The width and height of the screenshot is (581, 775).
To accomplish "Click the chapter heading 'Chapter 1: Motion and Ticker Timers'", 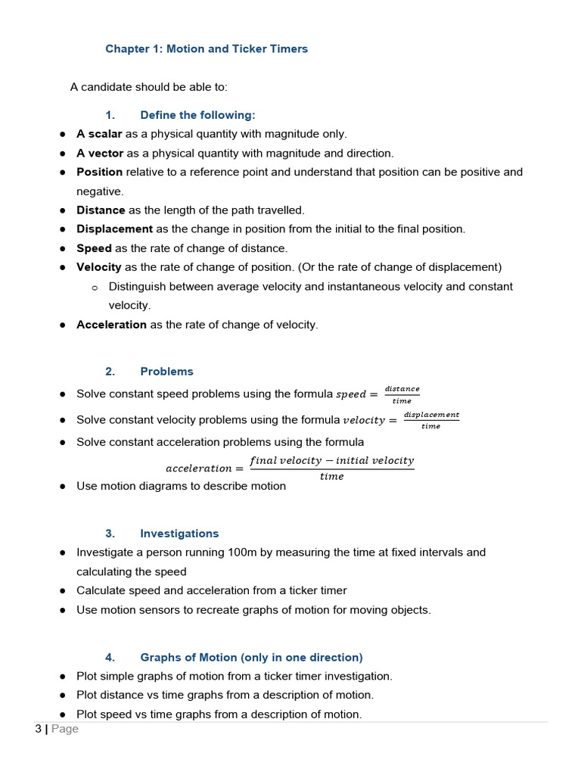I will tap(207, 49).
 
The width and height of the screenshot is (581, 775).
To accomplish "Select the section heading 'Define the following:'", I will tap(197, 115).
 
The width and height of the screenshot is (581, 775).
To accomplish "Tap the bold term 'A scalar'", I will tap(99, 134).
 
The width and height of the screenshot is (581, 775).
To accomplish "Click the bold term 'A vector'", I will tap(100, 153).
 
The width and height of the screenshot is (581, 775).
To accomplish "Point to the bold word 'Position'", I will tap(99, 172).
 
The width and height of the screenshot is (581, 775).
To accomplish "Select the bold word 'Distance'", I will tap(101, 210).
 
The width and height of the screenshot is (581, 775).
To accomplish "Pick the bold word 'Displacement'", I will tap(114, 229).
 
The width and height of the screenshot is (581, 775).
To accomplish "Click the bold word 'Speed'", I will tap(94, 248).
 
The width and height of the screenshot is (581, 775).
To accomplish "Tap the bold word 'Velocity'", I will tap(98, 267).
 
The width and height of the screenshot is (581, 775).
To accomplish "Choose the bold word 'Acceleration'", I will tap(111, 325).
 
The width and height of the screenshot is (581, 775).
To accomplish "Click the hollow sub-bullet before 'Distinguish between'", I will tap(95, 288).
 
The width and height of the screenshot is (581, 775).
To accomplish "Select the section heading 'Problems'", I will tap(166, 372).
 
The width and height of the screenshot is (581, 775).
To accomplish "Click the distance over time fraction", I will tap(402, 394).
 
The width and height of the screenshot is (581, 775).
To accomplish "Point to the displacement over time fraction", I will tap(431, 420).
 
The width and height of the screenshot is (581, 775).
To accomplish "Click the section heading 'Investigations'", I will tap(179, 534).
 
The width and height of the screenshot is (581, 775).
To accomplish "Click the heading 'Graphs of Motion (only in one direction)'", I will tap(251, 658).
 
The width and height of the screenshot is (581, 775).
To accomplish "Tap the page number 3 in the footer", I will tap(38, 729).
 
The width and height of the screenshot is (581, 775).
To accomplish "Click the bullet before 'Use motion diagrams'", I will tap(63, 487).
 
